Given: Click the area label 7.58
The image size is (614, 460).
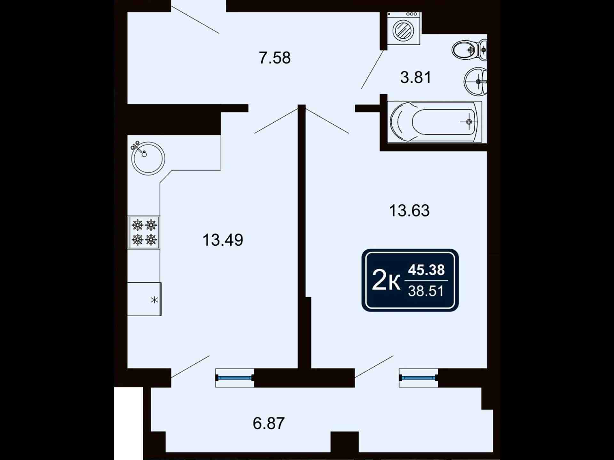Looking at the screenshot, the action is pos(274,58).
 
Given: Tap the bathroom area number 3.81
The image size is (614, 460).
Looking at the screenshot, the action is pos(416,77).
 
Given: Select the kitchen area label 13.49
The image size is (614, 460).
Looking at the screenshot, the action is pos(223,240).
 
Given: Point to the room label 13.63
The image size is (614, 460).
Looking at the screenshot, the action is pos(409,211).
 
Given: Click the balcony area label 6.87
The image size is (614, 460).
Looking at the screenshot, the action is pos(269,423).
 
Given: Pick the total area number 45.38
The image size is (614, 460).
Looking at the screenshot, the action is pos(426,270).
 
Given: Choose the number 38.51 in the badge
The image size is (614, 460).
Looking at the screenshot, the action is pos(426,291).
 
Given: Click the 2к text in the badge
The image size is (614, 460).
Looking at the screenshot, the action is pos(386,280).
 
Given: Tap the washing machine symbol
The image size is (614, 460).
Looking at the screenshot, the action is pos(404,28).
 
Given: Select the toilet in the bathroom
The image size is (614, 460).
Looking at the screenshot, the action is pos(469,50).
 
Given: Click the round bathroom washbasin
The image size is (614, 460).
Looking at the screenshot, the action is pos(476,81).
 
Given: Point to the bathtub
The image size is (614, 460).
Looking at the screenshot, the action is pos(435,122).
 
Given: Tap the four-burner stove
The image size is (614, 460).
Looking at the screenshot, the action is pos(144,233).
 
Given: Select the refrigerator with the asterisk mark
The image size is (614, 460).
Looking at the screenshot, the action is pos(145,299).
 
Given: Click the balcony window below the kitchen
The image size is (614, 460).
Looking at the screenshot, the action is pos(235,378).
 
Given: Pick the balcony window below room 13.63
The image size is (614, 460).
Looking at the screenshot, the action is pos(418,378).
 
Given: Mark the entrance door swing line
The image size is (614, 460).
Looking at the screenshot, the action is pos(195,19).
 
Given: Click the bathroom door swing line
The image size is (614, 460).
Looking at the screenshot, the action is pos(373,69).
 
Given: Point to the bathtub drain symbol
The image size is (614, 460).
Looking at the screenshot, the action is pos(469,122).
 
